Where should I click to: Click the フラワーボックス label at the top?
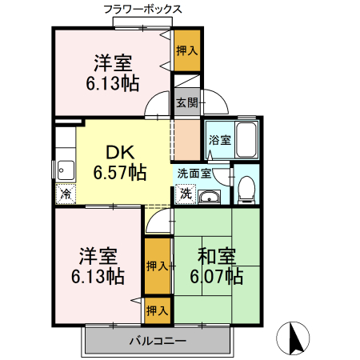(x=143, y=9)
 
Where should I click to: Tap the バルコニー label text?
(x=158, y=342)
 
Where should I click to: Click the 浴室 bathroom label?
(x=219, y=140)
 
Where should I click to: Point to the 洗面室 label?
(x=194, y=173)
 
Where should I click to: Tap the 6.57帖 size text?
(x=119, y=171)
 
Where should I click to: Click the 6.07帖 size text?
(x=217, y=277)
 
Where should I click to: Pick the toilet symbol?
(x=246, y=186)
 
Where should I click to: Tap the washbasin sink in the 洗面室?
(x=210, y=197)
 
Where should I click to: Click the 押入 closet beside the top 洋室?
(x=186, y=50)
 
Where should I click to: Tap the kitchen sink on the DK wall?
(x=64, y=170)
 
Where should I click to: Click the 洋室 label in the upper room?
(x=112, y=62)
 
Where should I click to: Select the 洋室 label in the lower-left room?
(x=98, y=258)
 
